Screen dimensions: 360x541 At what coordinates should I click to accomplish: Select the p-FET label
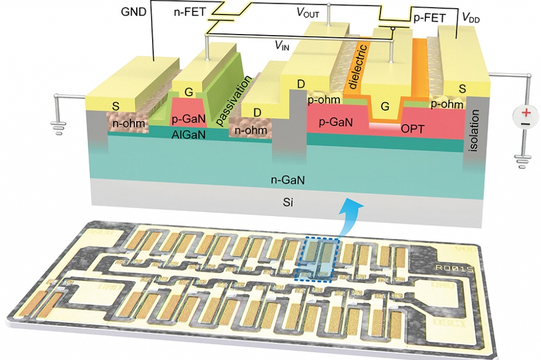(430, 18)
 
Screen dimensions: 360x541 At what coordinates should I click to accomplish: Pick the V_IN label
(282, 46)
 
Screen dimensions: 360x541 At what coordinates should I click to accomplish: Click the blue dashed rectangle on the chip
(318, 259)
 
